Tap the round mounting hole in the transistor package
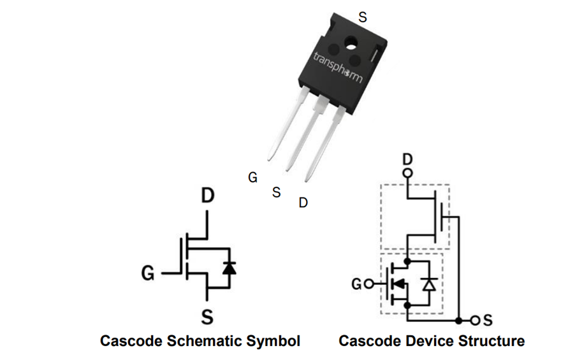351,43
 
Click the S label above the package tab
362,18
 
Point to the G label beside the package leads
253,178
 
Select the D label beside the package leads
303,203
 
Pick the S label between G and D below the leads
277,192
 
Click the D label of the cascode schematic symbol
208,196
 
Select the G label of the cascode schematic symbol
148,274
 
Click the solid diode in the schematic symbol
228,268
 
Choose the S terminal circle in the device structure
474,319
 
